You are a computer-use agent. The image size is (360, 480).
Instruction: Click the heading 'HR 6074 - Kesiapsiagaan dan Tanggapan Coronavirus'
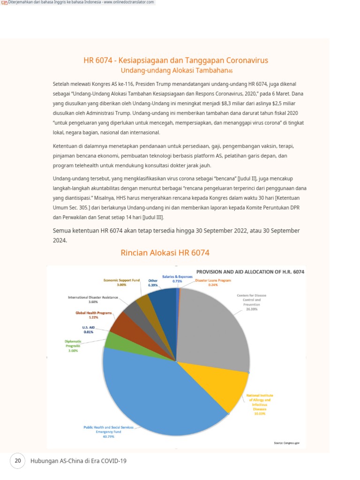click(176, 60)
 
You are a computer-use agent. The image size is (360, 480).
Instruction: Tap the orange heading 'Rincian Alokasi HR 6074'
click(165, 253)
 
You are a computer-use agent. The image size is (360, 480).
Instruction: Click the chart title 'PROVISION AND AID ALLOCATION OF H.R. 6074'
click(250, 271)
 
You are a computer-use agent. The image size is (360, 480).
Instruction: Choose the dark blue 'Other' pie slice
click(164, 305)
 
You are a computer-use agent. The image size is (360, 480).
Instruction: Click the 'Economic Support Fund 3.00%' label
click(122, 282)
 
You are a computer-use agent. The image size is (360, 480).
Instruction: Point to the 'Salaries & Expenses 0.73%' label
click(177, 278)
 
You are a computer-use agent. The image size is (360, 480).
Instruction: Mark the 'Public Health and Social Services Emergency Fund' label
click(108, 429)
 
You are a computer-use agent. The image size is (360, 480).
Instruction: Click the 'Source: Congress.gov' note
click(286, 442)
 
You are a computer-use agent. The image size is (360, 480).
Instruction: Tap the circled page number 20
click(18, 461)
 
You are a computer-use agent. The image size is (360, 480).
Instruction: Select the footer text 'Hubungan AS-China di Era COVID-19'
click(78, 461)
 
